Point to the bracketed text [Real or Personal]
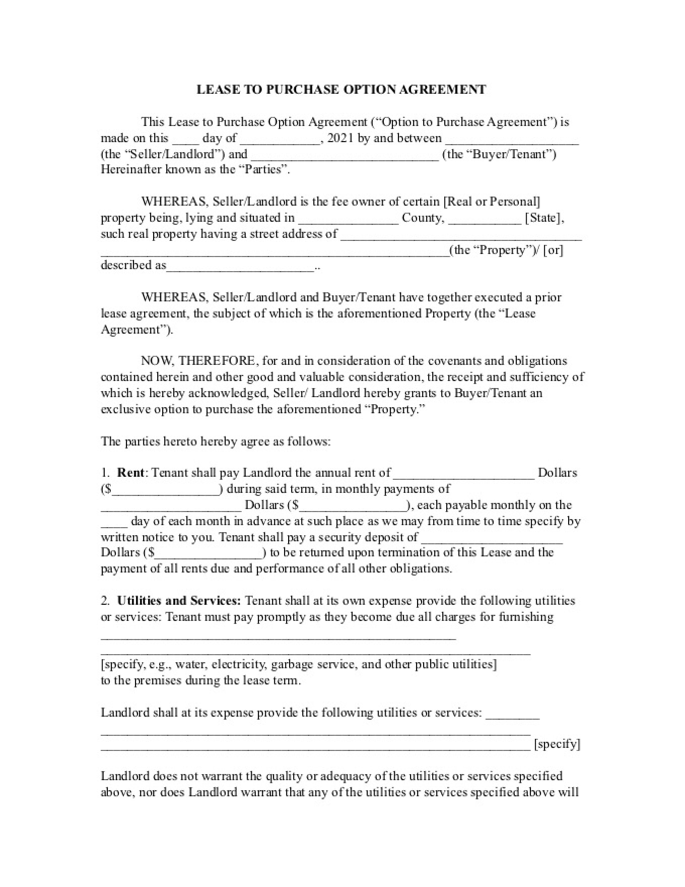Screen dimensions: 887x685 492,202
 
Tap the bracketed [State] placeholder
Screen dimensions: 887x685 543,218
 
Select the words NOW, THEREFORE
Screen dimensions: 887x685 198,361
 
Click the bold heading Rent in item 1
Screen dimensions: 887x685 130,473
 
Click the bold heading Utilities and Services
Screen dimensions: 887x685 179,601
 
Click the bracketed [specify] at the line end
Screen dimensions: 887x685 557,744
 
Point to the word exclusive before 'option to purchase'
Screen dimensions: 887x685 125,409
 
